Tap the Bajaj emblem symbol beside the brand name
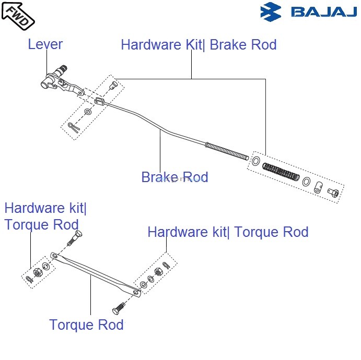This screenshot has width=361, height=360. (271, 11)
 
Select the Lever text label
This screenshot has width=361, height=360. (45, 44)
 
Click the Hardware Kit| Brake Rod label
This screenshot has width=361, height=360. (199, 45)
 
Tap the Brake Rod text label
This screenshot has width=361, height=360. (174, 177)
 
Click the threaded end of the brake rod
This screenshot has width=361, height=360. (227, 150)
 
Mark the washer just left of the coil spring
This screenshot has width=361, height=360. (255, 161)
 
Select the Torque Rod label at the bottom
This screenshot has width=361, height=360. (86, 325)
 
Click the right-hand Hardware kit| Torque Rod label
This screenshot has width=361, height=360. (228, 232)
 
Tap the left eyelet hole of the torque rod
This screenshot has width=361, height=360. (54, 256)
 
